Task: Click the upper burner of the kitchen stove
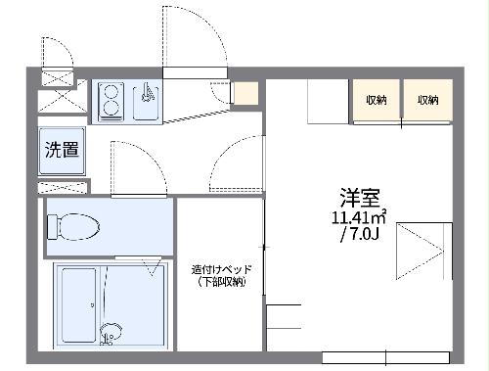110,92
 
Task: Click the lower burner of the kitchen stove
110,110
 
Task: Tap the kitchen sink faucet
147,95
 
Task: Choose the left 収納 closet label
377,100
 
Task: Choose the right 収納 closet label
427,100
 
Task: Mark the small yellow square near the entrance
245,94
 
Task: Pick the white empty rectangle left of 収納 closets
329,100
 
